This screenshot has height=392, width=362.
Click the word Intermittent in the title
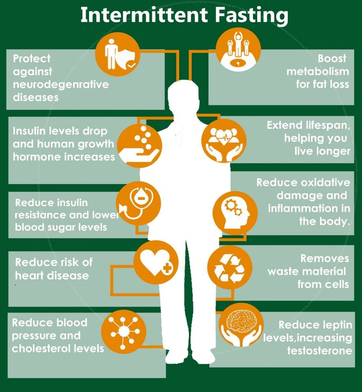(x=144, y=15)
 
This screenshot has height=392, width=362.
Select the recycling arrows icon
(x=230, y=268)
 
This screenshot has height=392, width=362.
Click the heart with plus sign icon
(x=156, y=263)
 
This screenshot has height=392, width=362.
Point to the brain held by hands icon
(x=241, y=325)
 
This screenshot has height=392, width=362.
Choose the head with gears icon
(x=235, y=213)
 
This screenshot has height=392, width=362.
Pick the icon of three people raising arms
(x=238, y=49)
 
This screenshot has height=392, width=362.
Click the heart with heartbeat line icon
(x=224, y=141)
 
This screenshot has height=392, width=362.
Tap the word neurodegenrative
(x=61, y=85)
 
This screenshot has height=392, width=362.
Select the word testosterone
(x=320, y=350)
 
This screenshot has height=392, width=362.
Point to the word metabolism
(x=318, y=72)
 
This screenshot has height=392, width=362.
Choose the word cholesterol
(x=42, y=348)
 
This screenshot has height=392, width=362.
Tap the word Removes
(x=325, y=258)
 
